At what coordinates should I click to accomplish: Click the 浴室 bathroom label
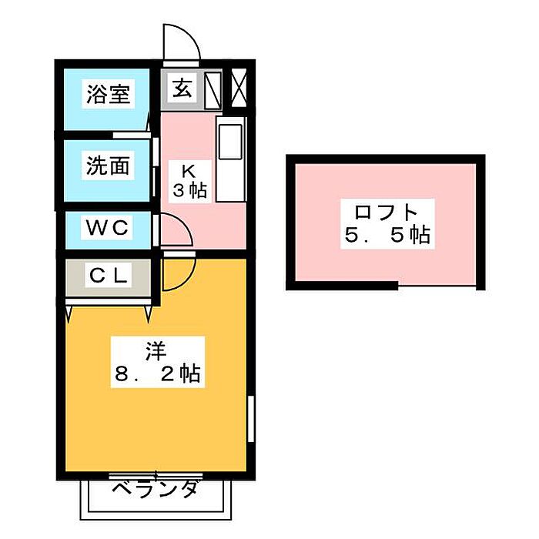coord(108,95)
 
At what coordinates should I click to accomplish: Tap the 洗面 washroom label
coord(108,165)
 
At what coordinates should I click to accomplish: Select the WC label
coord(108,228)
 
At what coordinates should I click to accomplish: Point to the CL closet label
coord(109,274)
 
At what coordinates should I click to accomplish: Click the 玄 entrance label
coord(182,89)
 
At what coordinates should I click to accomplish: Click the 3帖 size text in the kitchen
coord(189,190)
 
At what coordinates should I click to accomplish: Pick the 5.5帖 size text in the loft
coord(386,235)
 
